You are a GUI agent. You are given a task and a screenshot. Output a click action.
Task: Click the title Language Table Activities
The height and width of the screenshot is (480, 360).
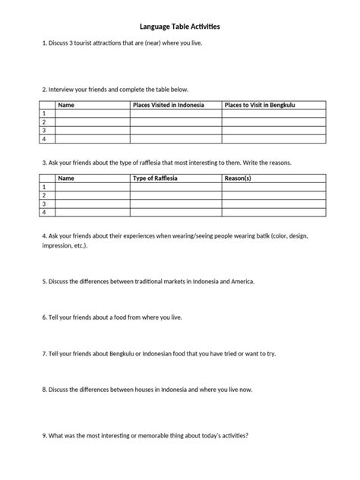pyautogui.click(x=180, y=26)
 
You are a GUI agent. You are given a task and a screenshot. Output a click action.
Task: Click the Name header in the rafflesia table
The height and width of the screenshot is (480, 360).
pyautogui.click(x=66, y=178)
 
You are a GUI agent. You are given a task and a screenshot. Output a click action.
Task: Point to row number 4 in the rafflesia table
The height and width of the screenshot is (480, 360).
pyautogui.click(x=44, y=213)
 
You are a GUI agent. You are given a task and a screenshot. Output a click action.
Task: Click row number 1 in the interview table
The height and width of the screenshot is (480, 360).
pyautogui.click(x=44, y=112)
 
